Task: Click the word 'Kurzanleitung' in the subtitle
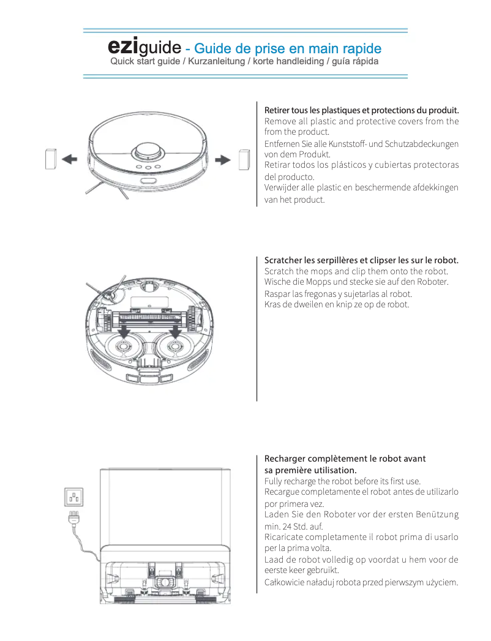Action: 216,62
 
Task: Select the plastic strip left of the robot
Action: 51,159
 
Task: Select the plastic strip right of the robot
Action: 243,159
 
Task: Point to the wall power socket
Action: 74,496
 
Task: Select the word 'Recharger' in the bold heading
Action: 285,459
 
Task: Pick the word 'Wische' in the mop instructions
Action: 277,282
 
